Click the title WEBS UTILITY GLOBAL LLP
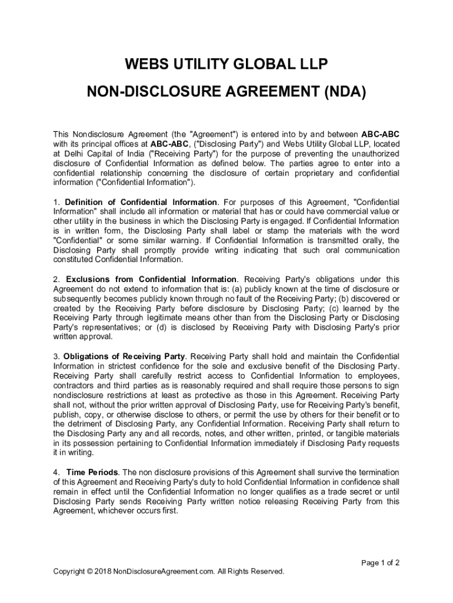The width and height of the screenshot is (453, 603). (226, 64)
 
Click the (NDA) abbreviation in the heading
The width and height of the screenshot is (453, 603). (341, 92)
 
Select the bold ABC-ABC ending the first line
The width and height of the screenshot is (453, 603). (380, 134)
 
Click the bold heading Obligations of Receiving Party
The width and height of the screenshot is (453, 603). (124, 357)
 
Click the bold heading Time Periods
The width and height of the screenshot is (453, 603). (93, 472)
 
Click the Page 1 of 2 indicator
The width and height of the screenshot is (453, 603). (380, 563)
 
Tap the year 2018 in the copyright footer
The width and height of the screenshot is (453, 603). (103, 571)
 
